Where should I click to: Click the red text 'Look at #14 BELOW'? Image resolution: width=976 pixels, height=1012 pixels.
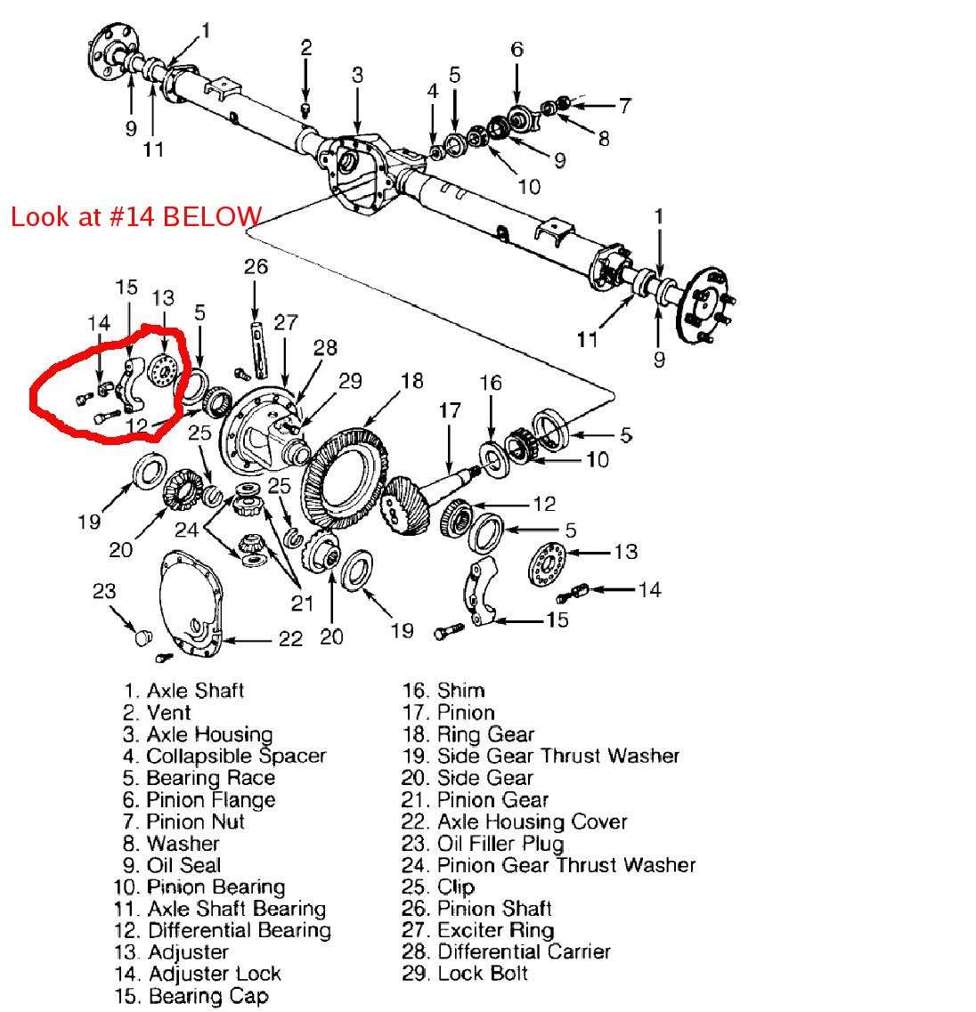[x=136, y=216]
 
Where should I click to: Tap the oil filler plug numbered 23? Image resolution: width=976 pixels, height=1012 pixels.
[x=141, y=636]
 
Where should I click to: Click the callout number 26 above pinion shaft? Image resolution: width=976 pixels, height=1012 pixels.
[x=256, y=266]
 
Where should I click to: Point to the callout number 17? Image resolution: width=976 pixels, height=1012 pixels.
[x=451, y=411]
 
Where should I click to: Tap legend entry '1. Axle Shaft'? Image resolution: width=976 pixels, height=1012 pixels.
[x=183, y=691]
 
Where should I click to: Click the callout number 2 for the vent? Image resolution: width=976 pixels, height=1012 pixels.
[x=305, y=48]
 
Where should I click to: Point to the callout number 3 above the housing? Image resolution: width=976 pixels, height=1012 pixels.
[x=357, y=75]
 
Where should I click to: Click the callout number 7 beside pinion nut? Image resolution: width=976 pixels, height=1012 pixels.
[x=624, y=105]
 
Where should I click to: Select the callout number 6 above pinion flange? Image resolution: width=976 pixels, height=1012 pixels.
[x=516, y=49]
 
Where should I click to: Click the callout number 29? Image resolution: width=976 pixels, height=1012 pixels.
[x=350, y=380]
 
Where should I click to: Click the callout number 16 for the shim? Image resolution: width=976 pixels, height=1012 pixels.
[x=491, y=383]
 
